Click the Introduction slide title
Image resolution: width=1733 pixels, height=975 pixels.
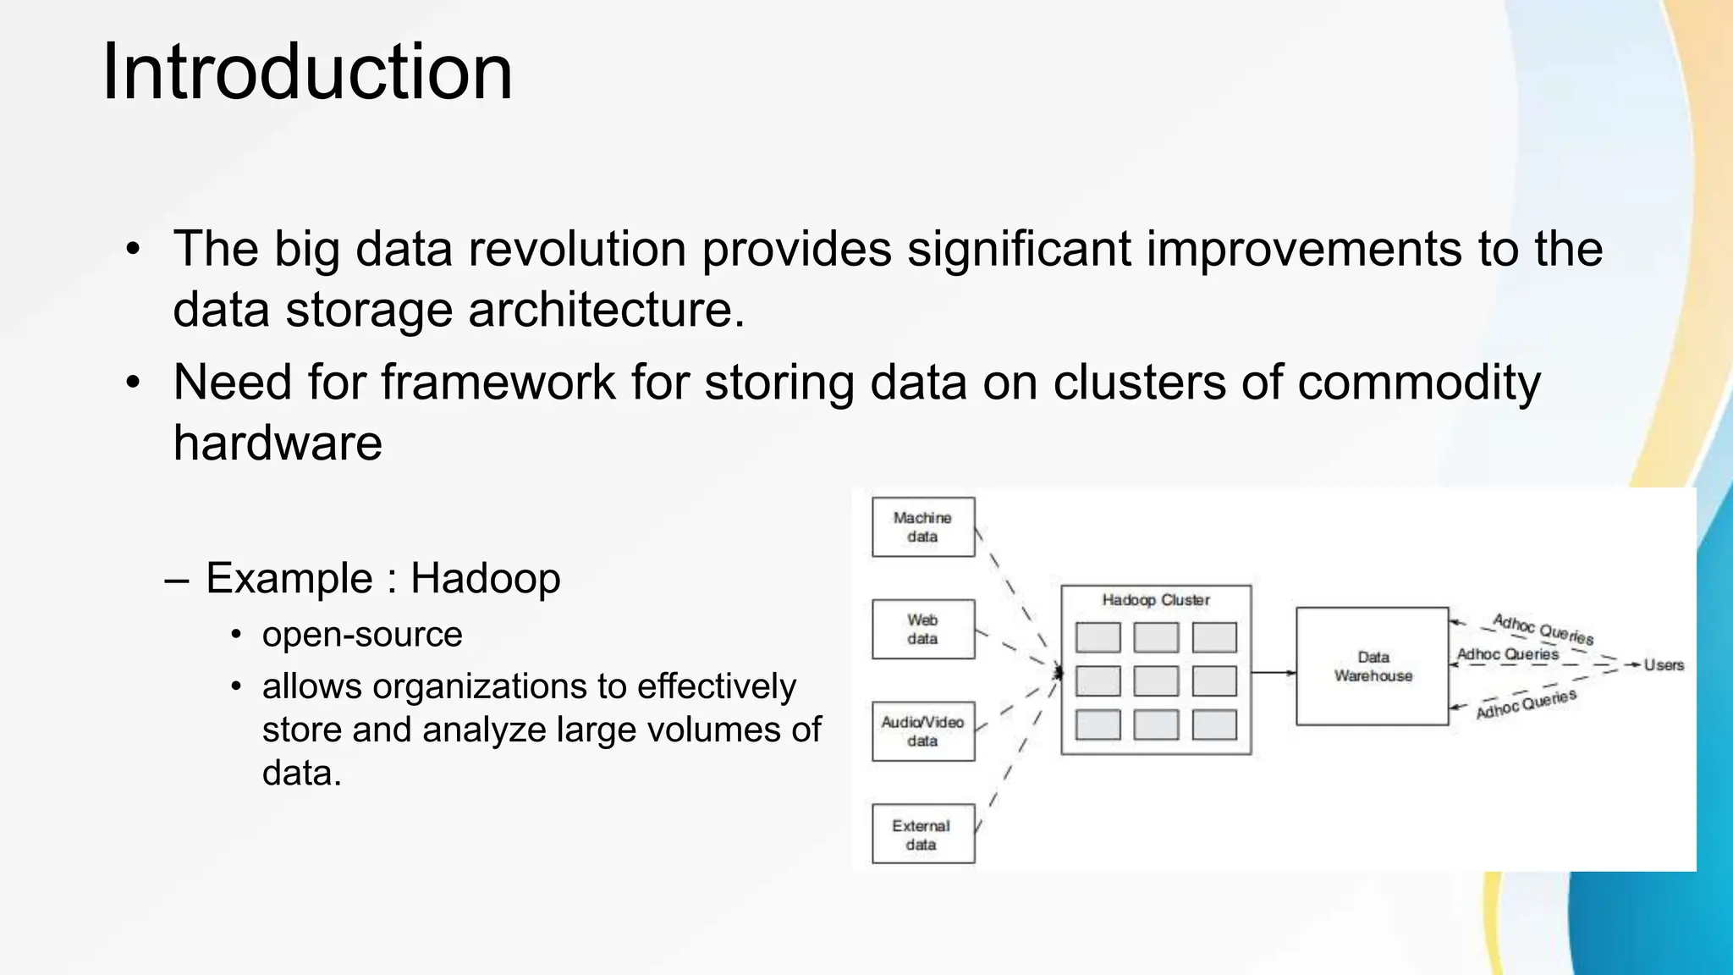point(306,72)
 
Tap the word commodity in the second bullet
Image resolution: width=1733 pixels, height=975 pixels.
point(1418,383)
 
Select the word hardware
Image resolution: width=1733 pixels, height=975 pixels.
point(278,443)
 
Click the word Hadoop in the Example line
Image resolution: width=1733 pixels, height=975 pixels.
point(485,579)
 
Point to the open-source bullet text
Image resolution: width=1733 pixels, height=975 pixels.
point(362,635)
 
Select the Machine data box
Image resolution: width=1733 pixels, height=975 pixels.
point(922,527)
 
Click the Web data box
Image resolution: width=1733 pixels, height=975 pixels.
point(922,630)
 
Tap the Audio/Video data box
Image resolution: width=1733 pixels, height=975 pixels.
point(922,731)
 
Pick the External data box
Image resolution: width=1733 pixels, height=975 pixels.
point(922,835)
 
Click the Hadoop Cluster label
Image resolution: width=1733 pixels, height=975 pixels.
point(1155,600)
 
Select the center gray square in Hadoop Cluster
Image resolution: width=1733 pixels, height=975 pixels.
point(1155,681)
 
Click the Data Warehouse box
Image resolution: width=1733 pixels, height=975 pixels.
point(1373,667)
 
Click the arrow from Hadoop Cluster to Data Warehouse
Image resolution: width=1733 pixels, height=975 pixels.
point(1274,673)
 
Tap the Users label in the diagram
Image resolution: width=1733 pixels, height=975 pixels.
point(1664,665)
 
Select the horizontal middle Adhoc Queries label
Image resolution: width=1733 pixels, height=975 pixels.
point(1507,654)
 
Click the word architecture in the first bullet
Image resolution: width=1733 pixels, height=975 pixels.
point(606,310)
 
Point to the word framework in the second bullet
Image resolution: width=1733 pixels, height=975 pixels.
point(498,383)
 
